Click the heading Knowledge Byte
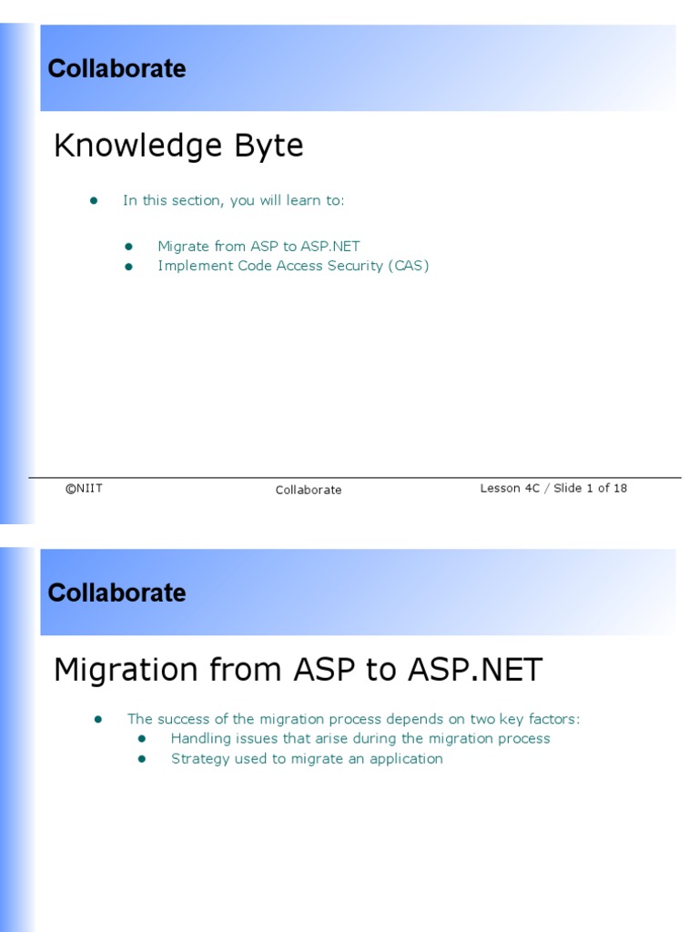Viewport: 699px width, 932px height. [x=178, y=146]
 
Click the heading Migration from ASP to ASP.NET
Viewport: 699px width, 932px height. [x=298, y=670]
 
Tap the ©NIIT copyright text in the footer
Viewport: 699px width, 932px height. [x=84, y=489]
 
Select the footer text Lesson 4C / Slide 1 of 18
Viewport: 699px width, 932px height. [x=553, y=489]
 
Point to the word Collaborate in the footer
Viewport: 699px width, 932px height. [x=309, y=490]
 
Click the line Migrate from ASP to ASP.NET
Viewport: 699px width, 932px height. [x=258, y=246]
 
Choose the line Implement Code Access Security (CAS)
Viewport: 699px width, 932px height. [x=293, y=266]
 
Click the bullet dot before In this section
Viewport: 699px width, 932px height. [x=93, y=200]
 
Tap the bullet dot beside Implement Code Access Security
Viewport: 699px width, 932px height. [x=128, y=267]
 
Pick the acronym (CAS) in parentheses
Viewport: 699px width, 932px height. [x=407, y=266]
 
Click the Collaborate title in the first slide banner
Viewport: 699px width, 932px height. [x=116, y=69]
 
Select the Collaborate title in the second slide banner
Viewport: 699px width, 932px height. [x=116, y=593]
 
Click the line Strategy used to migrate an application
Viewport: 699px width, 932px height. [x=307, y=759]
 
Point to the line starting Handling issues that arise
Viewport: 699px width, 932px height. [x=360, y=739]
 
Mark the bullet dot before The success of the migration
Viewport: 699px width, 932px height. [x=97, y=720]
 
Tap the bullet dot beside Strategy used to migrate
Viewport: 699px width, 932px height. [x=142, y=759]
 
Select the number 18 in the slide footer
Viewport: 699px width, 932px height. [x=619, y=489]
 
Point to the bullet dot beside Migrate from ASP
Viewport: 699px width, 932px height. [x=128, y=247]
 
